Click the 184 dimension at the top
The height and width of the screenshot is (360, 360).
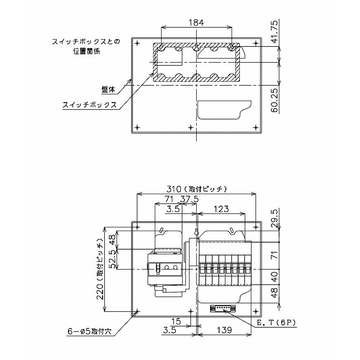[x=196, y=23]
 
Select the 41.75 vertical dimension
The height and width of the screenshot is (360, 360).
[x=274, y=31]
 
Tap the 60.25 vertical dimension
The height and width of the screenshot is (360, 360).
[x=274, y=101]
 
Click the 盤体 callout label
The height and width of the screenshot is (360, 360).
[x=108, y=89]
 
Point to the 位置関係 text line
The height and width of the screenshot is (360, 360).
[x=86, y=51]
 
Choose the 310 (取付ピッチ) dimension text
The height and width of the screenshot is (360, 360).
[x=197, y=189]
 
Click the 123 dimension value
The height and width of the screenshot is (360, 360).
[x=221, y=209]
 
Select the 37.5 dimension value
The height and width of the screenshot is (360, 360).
[x=189, y=199]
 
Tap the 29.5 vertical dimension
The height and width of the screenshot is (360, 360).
[x=275, y=218]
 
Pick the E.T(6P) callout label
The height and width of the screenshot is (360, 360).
[x=276, y=323]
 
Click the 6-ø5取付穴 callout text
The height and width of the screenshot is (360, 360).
[x=90, y=331]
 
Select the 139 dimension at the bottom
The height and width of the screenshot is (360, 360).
[x=224, y=330]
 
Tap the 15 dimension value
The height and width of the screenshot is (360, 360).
[x=175, y=321]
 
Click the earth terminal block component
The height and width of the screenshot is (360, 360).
[x=223, y=308]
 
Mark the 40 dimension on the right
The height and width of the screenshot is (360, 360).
[x=275, y=277]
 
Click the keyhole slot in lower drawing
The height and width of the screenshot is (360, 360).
[x=196, y=232]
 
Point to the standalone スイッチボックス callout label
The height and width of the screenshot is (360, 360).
[x=90, y=105]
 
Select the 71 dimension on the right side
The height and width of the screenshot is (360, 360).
[x=275, y=255]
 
